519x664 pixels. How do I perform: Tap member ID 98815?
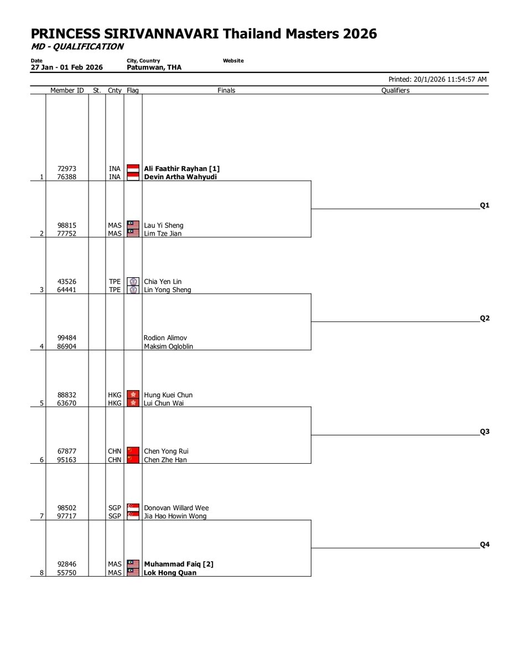[67, 226]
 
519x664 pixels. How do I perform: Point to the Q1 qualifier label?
[485, 205]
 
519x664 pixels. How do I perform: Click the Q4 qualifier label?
[485, 544]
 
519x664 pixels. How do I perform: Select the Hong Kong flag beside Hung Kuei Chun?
[133, 395]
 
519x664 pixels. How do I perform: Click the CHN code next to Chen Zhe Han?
[115, 460]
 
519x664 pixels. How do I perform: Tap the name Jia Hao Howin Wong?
[175, 516]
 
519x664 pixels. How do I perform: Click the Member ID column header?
[67, 90]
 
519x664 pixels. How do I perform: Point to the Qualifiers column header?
[395, 90]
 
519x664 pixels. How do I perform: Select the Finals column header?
[226, 90]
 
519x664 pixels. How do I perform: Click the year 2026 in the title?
[359, 34]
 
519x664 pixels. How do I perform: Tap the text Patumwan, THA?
[154, 68]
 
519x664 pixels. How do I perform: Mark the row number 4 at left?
[41, 346]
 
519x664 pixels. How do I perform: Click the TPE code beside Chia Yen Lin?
[115, 282]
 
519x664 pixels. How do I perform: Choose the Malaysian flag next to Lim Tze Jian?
[133, 234]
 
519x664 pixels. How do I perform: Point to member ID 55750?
[67, 573]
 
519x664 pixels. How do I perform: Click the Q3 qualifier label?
[485, 432]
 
